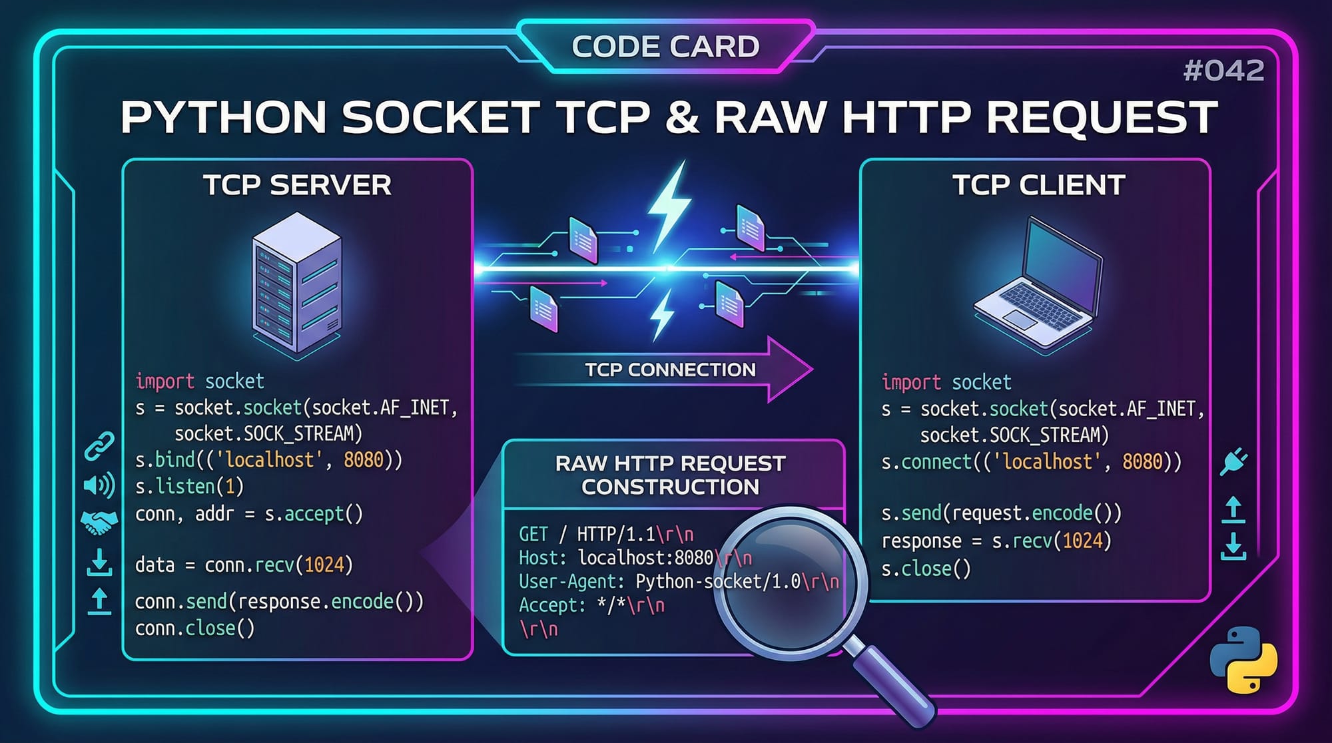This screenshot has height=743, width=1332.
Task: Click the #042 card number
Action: [x=1223, y=71]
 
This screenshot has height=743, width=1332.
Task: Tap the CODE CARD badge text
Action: [x=665, y=47]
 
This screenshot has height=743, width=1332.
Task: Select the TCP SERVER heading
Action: [x=297, y=185]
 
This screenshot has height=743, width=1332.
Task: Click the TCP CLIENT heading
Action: [x=1038, y=185]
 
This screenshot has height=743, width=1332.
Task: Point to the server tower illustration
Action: [x=297, y=283]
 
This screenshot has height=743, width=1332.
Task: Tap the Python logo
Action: [x=1243, y=660]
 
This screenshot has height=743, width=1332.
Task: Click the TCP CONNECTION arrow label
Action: [x=670, y=370]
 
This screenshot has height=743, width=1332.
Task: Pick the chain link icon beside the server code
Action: [x=99, y=446]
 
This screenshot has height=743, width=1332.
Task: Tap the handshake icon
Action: [x=99, y=522]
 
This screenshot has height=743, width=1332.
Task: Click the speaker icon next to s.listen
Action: [x=99, y=485]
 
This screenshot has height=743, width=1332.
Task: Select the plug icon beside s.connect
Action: [x=1233, y=461]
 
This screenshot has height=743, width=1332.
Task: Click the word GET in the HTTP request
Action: [x=533, y=535]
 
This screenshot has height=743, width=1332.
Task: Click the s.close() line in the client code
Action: [x=926, y=569]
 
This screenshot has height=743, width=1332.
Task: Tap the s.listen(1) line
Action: [x=189, y=487]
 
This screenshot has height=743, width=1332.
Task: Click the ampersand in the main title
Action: [x=681, y=118]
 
